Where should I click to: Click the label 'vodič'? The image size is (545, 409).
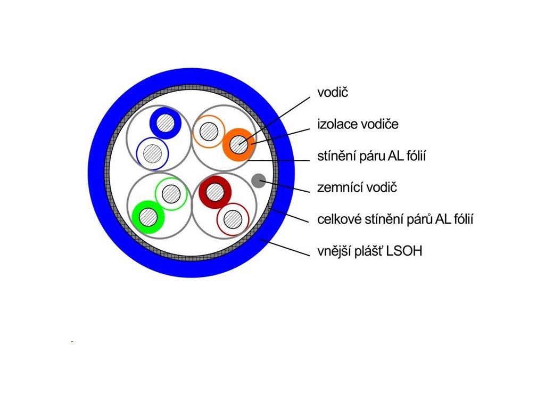click(x=332, y=93)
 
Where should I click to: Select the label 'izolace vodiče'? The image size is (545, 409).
click(x=358, y=125)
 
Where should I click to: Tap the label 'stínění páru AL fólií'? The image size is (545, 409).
click(x=373, y=157)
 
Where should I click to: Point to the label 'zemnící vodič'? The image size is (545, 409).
click(x=357, y=187)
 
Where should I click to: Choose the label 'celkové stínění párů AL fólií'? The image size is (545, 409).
click(x=395, y=219)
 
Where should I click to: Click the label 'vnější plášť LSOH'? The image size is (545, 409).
click(x=369, y=251)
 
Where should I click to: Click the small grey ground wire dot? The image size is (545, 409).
click(x=258, y=181)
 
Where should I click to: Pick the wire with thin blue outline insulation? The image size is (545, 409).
click(x=153, y=153)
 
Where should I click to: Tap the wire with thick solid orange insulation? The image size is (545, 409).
click(x=238, y=144)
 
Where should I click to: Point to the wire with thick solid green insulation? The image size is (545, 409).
click(x=148, y=217)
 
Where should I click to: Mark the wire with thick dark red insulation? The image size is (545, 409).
click(x=214, y=192)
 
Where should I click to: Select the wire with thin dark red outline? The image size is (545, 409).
click(x=233, y=219)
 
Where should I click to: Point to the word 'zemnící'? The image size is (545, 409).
click(x=337, y=187)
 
